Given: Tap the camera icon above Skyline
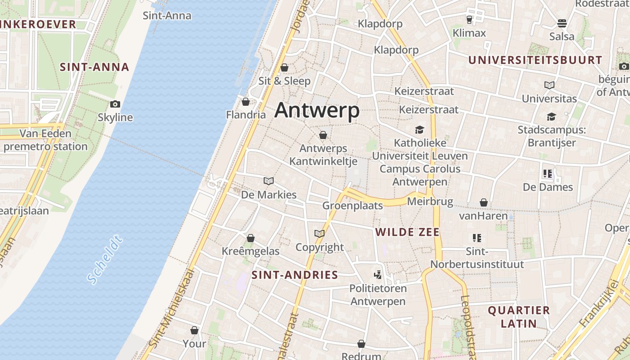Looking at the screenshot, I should tap(115, 104).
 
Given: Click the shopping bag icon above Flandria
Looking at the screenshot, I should tap(245, 102).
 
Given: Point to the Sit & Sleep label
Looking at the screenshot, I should tap(284, 81).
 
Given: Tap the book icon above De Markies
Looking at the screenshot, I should tap(269, 181).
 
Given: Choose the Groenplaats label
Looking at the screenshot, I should tap(352, 206).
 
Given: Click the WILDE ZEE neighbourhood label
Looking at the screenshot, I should tap(407, 232).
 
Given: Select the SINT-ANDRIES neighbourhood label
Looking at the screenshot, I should tap(295, 275).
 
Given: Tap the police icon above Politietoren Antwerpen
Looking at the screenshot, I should tap(378, 274).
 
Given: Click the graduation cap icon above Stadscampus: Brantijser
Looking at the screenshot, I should tap(551, 117).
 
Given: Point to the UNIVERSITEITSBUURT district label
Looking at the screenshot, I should tap(535, 60).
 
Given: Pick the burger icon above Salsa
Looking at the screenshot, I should tap(562, 23).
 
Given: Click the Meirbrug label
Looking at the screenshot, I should tap(430, 201).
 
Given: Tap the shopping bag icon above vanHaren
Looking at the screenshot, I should tap(483, 203).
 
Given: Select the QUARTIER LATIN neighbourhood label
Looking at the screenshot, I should tap(519, 316).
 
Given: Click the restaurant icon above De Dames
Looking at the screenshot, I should tap(548, 174).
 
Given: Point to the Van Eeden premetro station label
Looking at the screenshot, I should tap(45, 140).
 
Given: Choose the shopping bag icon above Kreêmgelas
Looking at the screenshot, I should tap(251, 238).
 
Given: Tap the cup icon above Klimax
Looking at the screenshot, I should tap(469, 20).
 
